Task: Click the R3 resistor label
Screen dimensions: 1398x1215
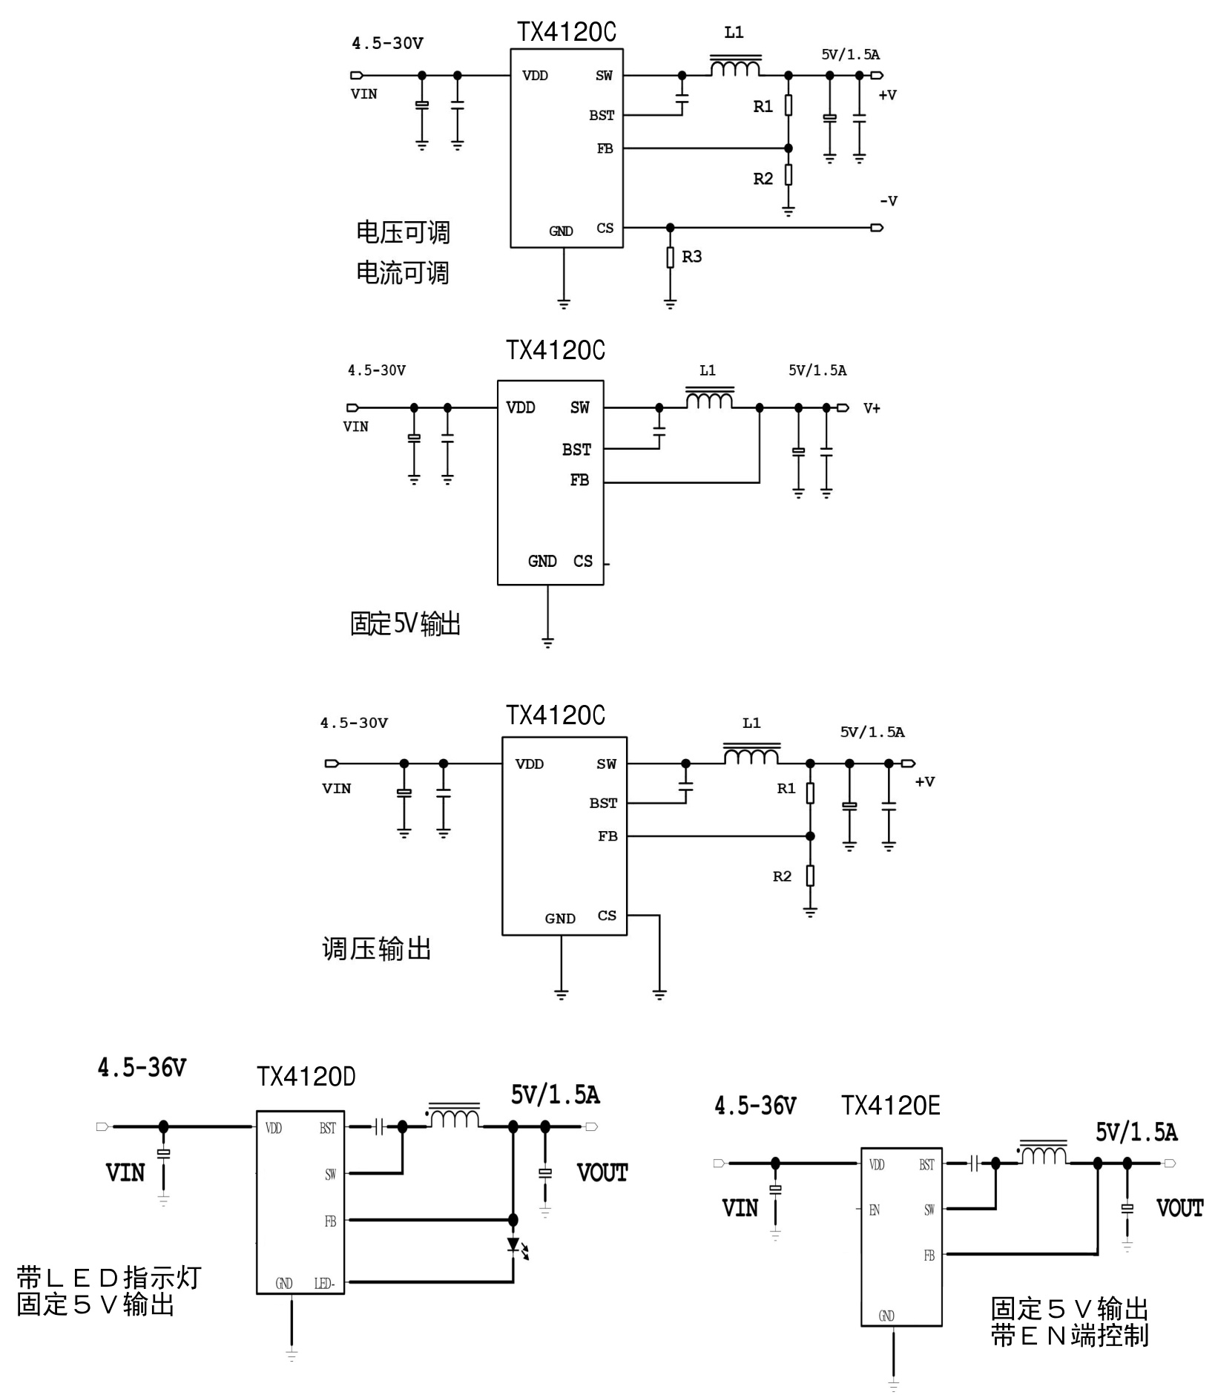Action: (691, 257)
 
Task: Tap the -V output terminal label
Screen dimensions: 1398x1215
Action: (889, 201)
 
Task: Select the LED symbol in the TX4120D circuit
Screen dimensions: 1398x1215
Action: (514, 1244)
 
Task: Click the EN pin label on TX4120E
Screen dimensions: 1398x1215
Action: (875, 1210)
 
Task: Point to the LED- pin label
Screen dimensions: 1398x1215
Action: (325, 1284)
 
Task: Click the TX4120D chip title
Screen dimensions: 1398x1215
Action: (306, 1077)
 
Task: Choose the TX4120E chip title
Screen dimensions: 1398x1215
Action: (890, 1106)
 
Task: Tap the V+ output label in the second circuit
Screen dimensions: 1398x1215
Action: (872, 408)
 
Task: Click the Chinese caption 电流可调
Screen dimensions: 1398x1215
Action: (403, 273)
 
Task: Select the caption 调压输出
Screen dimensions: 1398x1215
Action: (377, 948)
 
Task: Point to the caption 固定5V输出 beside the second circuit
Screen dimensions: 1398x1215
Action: (405, 624)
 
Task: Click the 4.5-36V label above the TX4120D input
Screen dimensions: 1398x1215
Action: (142, 1068)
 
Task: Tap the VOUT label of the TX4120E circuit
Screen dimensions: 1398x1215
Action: (1179, 1209)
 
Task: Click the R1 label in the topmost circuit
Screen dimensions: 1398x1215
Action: (763, 107)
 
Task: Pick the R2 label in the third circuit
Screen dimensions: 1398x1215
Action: (783, 876)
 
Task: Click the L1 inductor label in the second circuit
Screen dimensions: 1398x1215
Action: (708, 370)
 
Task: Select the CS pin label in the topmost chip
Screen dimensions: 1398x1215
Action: (605, 228)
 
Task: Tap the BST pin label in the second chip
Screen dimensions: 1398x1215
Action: (576, 450)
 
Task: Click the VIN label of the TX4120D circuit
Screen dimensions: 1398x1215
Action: (125, 1173)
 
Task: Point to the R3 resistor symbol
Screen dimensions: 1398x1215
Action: (670, 257)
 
